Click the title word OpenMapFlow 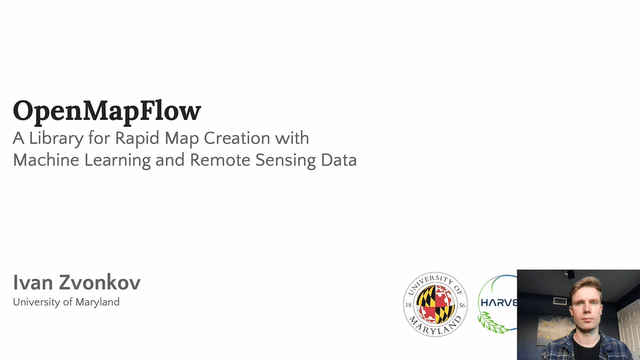[x=107, y=110]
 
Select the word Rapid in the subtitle [x=136, y=137]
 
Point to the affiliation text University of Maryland [x=66, y=302]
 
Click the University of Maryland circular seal [x=436, y=304]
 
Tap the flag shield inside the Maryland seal [x=436, y=303]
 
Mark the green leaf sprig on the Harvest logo [x=489, y=322]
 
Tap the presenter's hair [x=585, y=284]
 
